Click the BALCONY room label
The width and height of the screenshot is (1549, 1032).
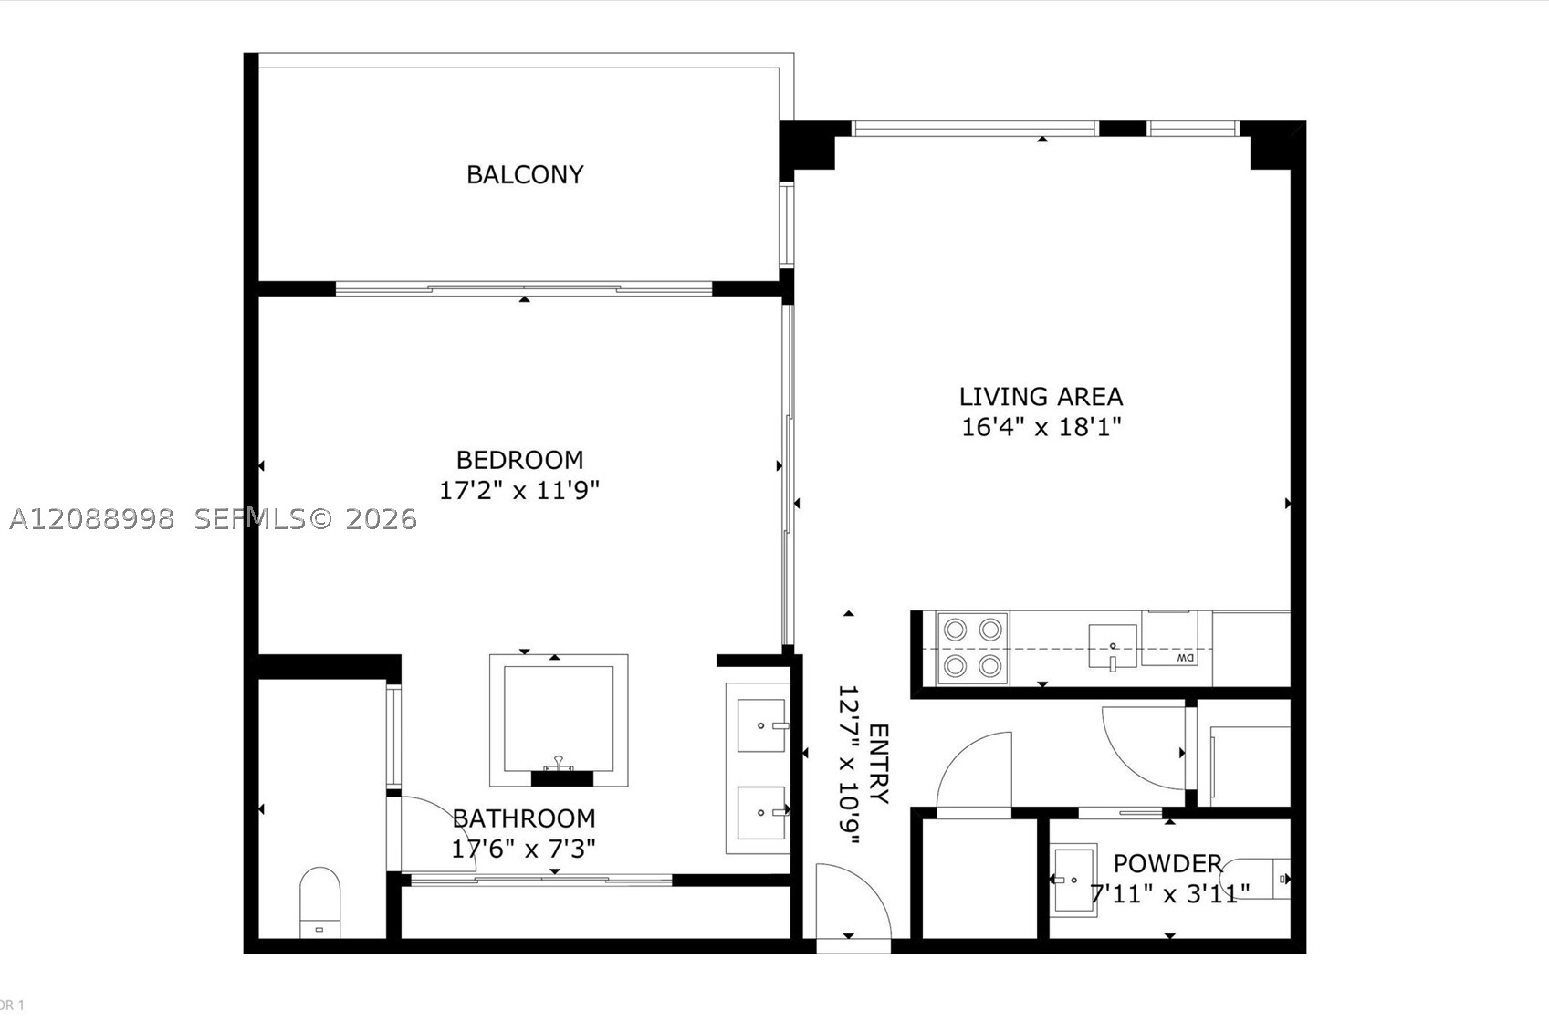click(525, 175)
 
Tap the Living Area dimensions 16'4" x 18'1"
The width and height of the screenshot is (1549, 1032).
click(1041, 427)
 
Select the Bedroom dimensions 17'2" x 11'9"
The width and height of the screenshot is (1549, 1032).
click(519, 491)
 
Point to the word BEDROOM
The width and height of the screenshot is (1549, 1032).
click(519, 460)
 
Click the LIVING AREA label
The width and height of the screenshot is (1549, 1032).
click(1041, 397)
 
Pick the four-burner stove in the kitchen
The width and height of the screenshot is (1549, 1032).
click(972, 649)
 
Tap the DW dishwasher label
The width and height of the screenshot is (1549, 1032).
click(1186, 657)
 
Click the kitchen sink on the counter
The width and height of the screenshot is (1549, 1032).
click(1113, 646)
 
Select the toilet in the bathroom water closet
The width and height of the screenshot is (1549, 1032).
click(320, 902)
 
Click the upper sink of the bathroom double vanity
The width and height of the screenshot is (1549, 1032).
click(762, 725)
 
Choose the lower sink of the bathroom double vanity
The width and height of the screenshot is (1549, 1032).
click(762, 813)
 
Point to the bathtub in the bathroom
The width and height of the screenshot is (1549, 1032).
click(559, 720)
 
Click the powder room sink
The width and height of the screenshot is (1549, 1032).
click(1073, 880)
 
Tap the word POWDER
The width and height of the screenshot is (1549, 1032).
click(1168, 863)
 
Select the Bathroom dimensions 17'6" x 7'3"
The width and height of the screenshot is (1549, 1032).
click(523, 849)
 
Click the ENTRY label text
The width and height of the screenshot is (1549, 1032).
click(878, 764)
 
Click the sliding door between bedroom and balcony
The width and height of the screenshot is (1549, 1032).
click(523, 289)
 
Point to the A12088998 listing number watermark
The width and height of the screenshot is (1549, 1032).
click(92, 519)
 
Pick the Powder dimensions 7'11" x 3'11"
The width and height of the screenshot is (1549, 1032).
click(1170, 893)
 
